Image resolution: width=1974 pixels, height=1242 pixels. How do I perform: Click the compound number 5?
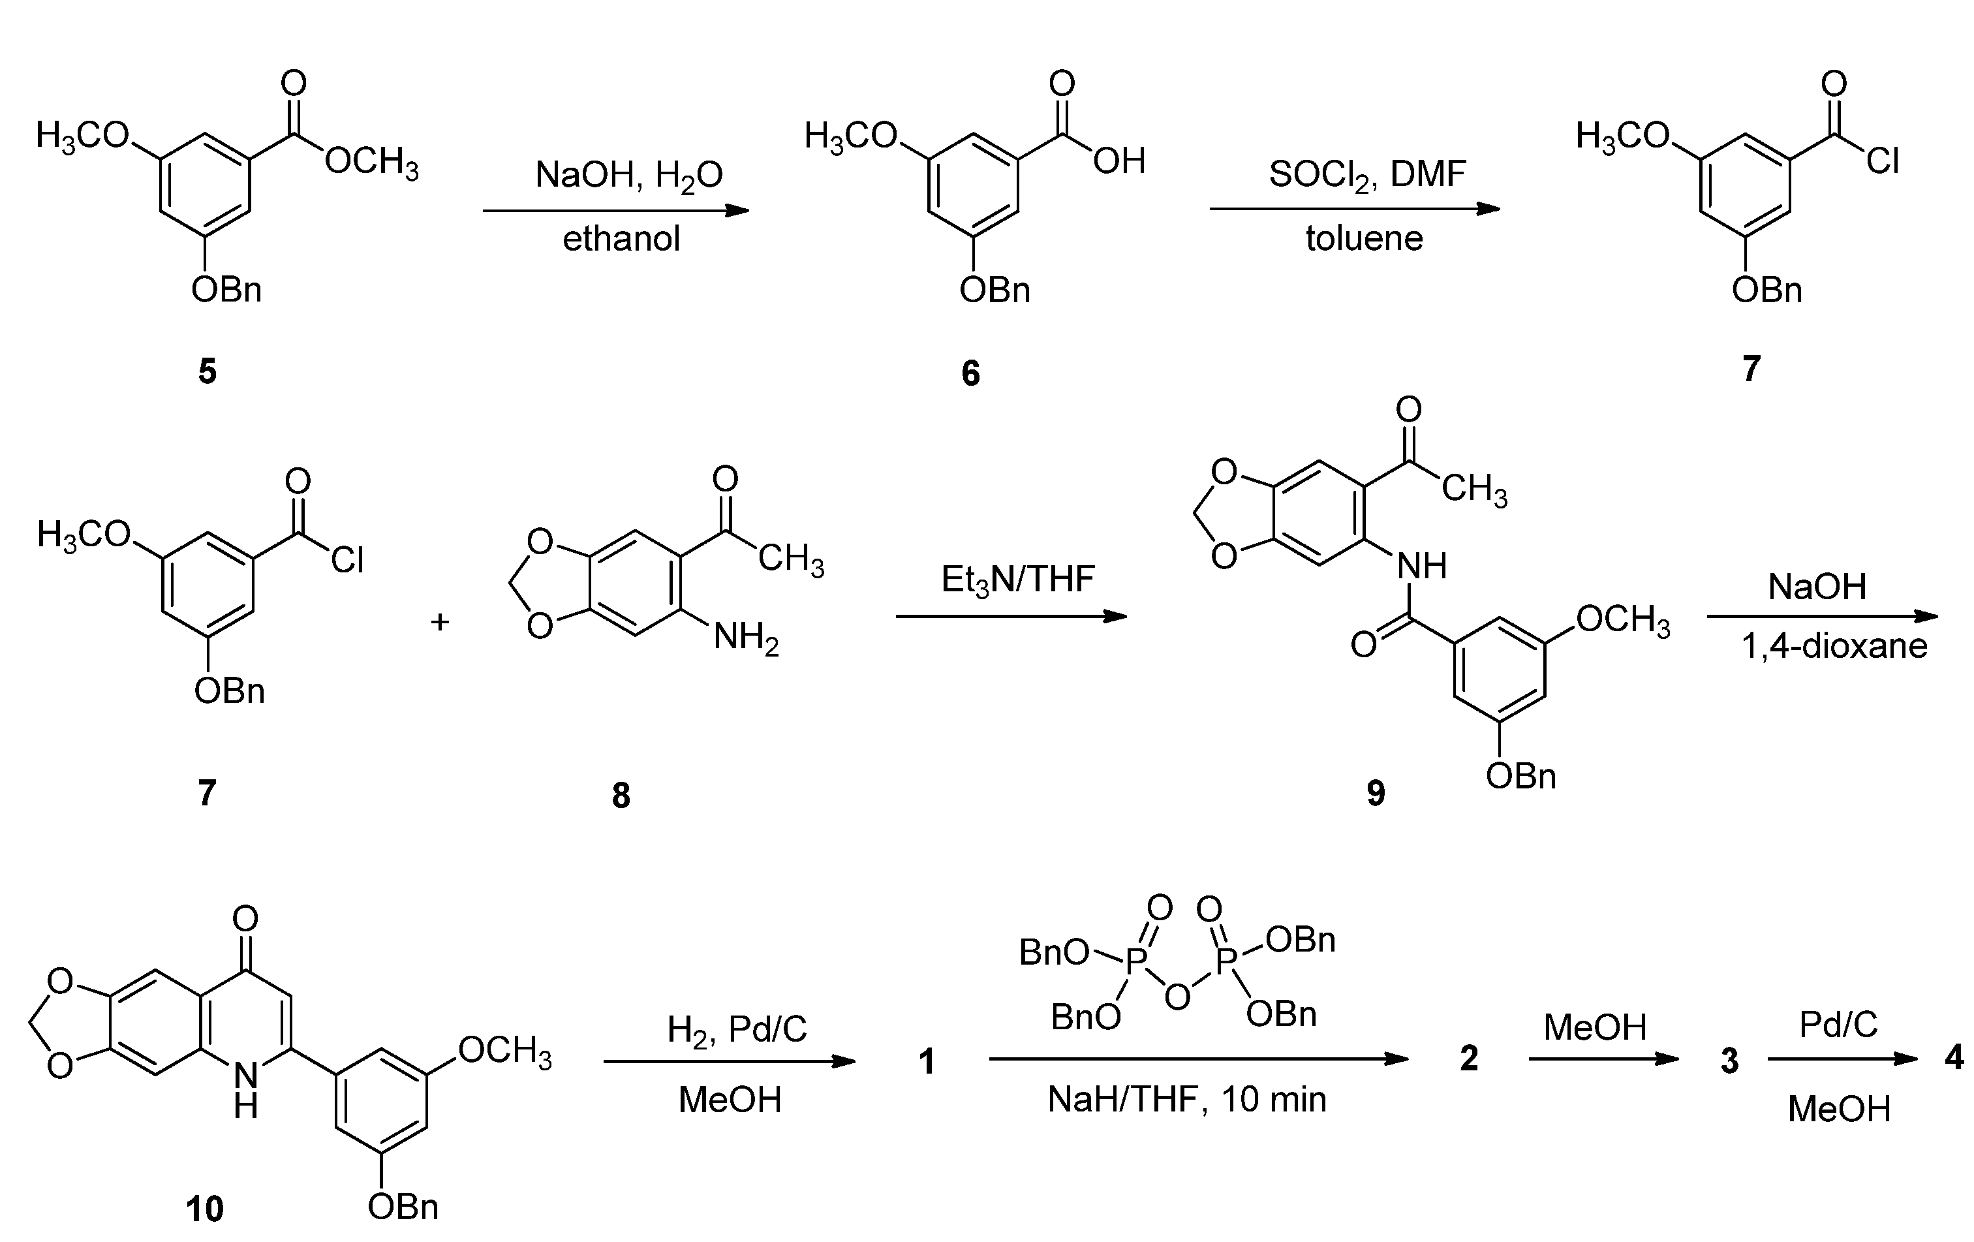[208, 371]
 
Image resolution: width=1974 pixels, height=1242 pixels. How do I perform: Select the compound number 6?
[970, 374]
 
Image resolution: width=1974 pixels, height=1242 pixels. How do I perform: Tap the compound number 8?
[621, 795]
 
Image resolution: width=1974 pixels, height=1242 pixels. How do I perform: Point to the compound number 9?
[1376, 793]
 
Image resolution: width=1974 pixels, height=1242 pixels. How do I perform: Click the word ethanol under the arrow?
[621, 240]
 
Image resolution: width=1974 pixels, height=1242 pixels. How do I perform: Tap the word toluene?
[1364, 239]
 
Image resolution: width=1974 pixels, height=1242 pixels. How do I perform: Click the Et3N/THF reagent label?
[1017, 580]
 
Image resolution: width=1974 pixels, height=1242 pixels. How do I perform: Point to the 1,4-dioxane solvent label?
[1834, 647]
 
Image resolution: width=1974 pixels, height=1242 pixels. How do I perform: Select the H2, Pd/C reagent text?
[737, 1029]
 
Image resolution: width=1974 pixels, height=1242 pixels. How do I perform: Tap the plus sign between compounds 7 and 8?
[440, 622]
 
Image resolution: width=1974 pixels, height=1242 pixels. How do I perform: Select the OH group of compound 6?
[1119, 161]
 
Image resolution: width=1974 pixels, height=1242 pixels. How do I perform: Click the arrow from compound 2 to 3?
[1603, 1059]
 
